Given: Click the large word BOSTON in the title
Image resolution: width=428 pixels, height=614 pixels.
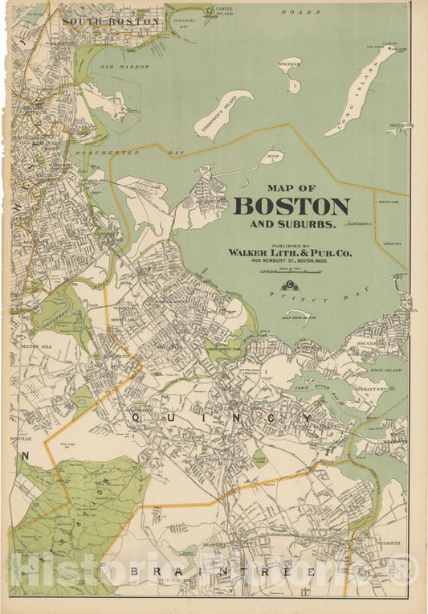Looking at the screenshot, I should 291,206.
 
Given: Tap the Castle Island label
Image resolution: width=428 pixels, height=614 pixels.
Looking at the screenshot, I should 225,12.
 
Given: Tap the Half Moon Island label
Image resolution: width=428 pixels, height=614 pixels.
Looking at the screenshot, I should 299,317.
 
